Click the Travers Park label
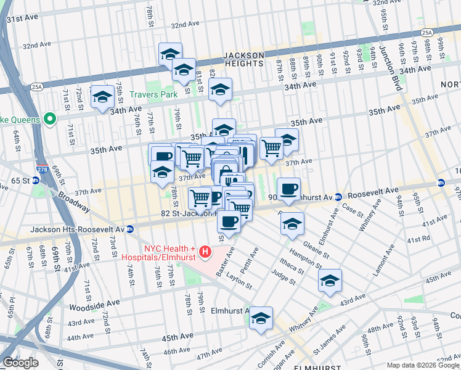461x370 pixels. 153,94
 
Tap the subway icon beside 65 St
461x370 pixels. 35,181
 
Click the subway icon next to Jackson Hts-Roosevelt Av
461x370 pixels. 129,229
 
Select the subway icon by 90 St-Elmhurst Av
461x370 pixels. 338,197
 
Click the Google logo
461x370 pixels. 20,363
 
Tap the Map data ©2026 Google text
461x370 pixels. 422,365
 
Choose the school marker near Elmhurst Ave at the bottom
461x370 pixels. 261,319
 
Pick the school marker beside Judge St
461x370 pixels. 330,281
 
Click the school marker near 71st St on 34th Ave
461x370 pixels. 102,97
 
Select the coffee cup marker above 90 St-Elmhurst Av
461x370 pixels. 288,188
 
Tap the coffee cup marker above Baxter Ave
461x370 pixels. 229,221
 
